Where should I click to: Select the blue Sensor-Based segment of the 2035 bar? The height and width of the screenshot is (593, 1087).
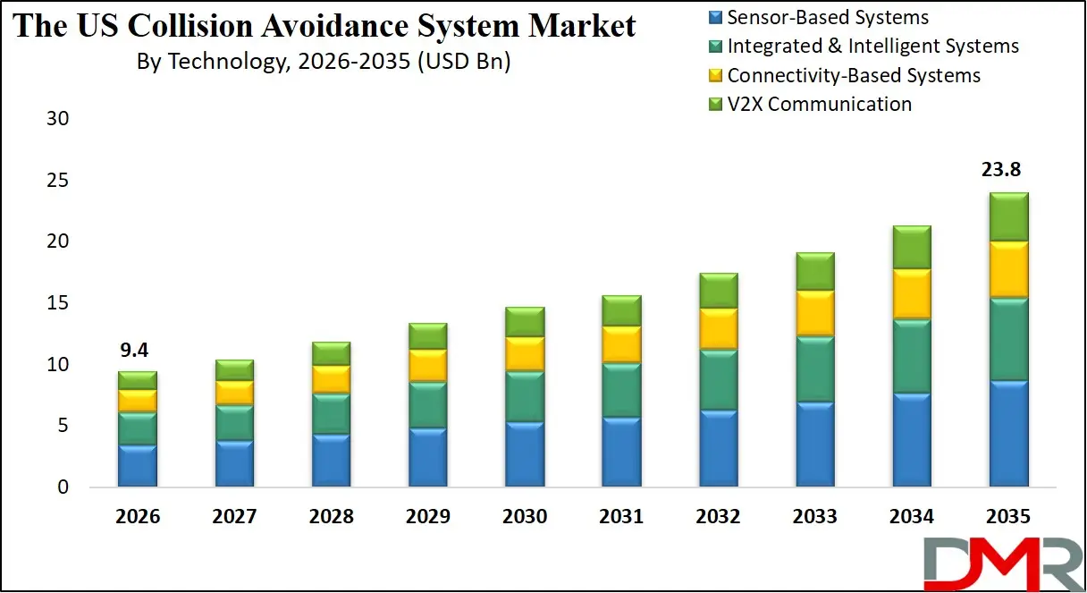1008,434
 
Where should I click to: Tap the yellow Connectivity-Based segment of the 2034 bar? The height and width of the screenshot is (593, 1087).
912,293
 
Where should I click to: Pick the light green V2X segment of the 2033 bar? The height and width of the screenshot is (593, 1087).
814,271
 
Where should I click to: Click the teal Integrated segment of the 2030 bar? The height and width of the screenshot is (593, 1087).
525,396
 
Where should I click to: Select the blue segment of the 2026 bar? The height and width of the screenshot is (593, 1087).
138,465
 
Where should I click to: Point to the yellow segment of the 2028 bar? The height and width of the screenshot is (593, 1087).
331,379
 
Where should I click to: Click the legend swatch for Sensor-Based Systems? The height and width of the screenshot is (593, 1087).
715,17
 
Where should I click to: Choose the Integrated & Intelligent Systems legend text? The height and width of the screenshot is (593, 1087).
872,46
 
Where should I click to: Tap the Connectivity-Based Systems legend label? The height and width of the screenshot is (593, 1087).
854,75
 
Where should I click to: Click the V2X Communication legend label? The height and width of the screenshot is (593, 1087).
819,104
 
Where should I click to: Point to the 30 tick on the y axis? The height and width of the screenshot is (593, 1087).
57,119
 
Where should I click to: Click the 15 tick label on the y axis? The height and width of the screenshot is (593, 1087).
57,303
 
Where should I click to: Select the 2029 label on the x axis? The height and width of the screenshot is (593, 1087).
427,516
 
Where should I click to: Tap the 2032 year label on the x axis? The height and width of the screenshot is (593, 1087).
718,516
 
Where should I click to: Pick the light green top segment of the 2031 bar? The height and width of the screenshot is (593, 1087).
621,310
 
